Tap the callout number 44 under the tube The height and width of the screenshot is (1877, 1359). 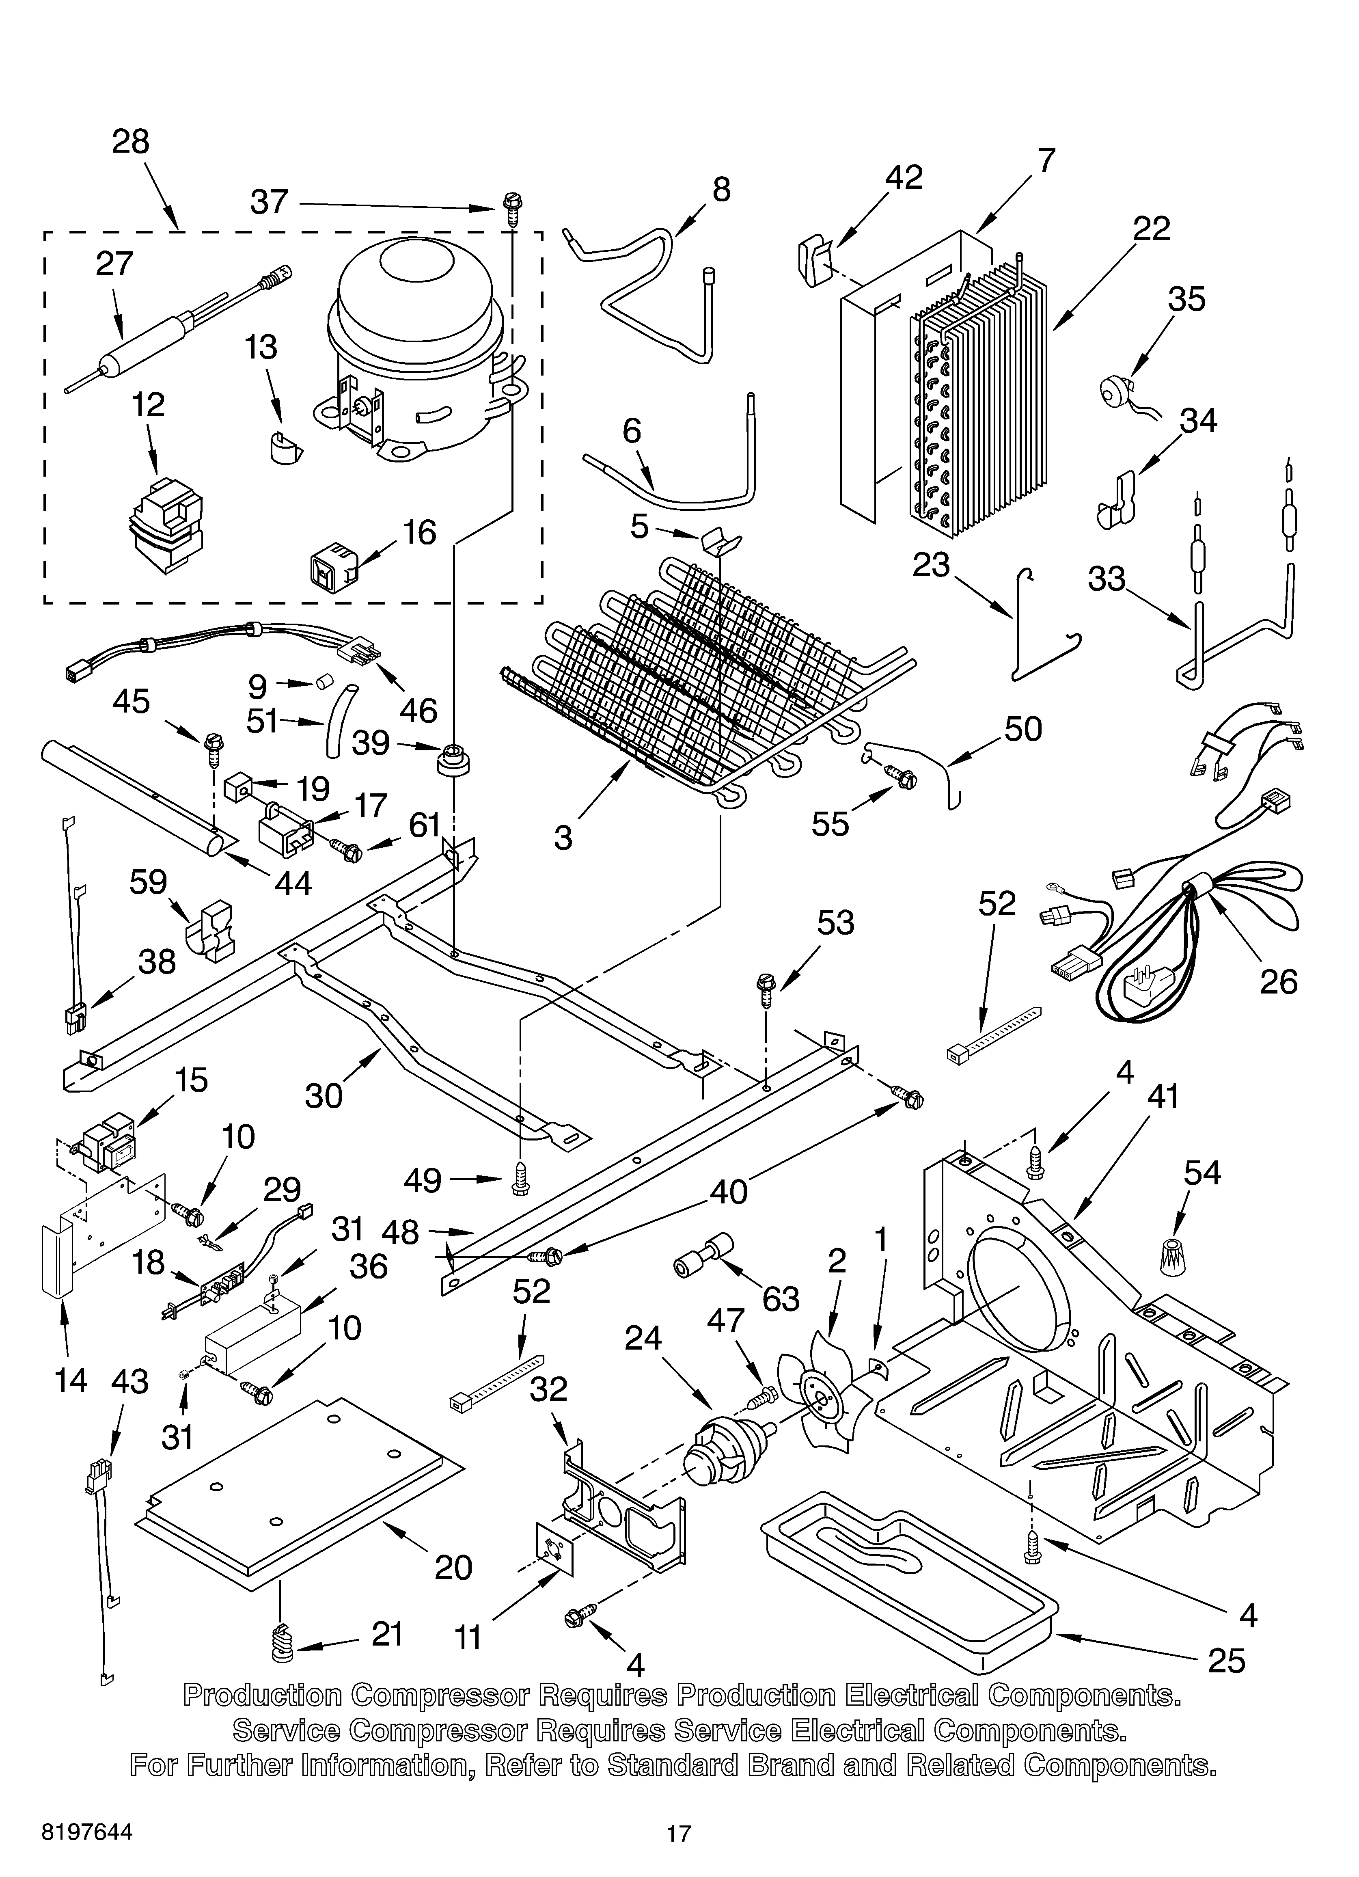pos(293,884)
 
